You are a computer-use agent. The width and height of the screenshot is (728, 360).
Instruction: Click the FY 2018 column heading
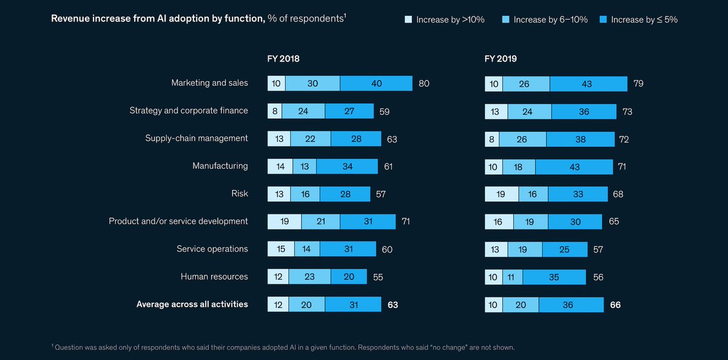click(x=283, y=59)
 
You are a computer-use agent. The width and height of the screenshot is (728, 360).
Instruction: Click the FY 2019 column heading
click(x=500, y=59)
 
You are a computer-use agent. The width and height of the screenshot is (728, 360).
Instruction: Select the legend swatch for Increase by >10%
click(x=408, y=20)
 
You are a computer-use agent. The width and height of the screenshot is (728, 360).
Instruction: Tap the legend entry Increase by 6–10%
click(x=545, y=20)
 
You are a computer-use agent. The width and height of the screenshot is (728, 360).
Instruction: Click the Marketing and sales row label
click(x=209, y=83)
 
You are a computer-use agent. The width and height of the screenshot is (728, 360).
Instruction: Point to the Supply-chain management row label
click(x=197, y=138)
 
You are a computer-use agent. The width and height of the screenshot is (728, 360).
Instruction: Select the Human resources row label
click(x=214, y=276)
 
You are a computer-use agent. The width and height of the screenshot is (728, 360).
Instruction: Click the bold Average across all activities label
click(x=192, y=304)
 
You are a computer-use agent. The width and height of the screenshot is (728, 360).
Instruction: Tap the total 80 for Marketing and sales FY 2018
click(x=423, y=83)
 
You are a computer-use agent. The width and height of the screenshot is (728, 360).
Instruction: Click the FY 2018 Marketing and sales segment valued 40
click(x=376, y=83)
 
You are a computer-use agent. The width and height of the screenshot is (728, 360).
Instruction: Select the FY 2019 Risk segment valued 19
click(x=502, y=194)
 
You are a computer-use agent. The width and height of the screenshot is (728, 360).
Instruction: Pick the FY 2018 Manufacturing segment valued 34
click(x=347, y=166)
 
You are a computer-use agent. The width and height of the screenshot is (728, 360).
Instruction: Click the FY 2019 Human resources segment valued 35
click(x=554, y=277)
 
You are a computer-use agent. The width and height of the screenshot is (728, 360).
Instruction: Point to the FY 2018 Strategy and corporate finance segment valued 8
click(x=275, y=111)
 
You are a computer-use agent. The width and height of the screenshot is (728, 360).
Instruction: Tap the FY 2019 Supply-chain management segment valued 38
click(x=579, y=139)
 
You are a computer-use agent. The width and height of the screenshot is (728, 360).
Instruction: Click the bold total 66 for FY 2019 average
click(x=615, y=305)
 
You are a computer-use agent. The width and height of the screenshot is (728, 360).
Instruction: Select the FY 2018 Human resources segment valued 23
click(x=309, y=277)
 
